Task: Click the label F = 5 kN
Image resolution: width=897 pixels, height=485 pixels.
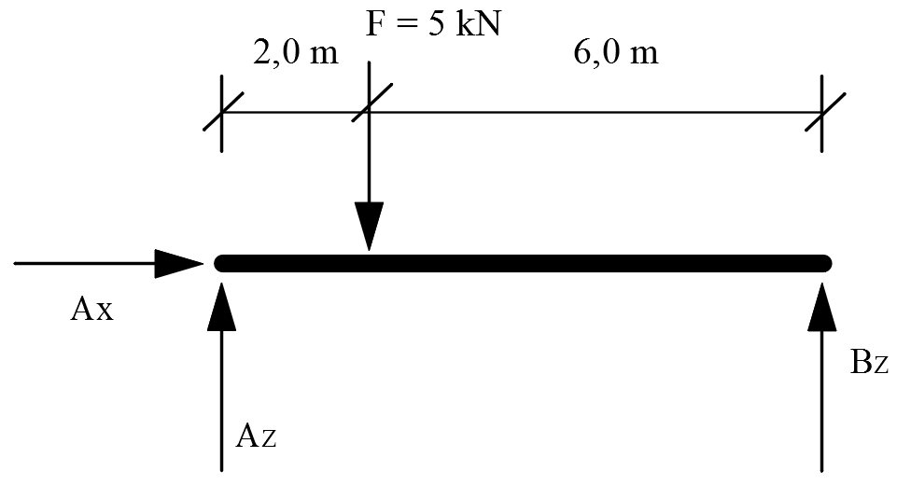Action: pyautogui.click(x=433, y=22)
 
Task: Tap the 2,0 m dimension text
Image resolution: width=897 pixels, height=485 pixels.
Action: pyautogui.click(x=295, y=53)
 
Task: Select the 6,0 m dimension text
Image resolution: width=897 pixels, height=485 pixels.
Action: pyautogui.click(x=615, y=53)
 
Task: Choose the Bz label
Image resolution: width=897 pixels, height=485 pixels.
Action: pyautogui.click(x=869, y=362)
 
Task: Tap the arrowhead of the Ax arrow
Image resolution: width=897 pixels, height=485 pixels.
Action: pyautogui.click(x=178, y=264)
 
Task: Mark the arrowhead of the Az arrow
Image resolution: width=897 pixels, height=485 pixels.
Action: pyautogui.click(x=221, y=307)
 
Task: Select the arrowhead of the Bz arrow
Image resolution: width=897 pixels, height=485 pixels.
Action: pyautogui.click(x=822, y=307)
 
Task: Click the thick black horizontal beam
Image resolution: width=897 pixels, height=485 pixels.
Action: pyautogui.click(x=523, y=263)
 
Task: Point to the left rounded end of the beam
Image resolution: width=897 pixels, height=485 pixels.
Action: pyautogui.click(x=221, y=263)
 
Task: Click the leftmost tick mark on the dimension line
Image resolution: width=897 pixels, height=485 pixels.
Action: pyautogui.click(x=221, y=113)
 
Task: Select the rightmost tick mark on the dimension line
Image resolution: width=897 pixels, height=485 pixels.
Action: pyautogui.click(x=822, y=113)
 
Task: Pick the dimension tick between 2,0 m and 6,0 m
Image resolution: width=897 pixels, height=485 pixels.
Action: pyautogui.click(x=370, y=103)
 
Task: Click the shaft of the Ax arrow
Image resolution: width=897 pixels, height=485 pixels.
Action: pyautogui.click(x=84, y=264)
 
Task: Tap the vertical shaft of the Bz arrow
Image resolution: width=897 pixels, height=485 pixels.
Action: pyautogui.click(x=822, y=401)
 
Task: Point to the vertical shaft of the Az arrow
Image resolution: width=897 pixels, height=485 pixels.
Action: pyautogui.click(x=221, y=401)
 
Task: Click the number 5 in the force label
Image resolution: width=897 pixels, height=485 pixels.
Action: pyautogui.click(x=437, y=23)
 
